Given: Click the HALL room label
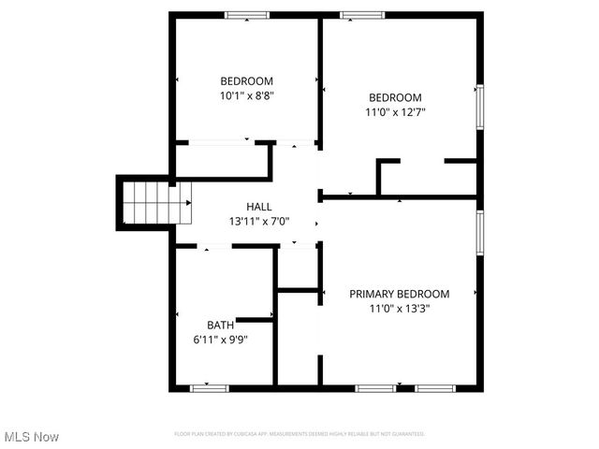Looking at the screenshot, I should click(259, 207).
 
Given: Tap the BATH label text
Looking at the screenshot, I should click(221, 326).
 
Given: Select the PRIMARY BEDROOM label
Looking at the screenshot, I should click(400, 294).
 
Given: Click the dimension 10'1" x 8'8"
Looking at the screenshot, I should click(246, 95).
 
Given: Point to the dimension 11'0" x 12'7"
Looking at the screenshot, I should click(395, 112).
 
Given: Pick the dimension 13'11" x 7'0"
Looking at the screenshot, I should click(259, 222).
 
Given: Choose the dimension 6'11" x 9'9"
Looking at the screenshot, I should click(221, 340).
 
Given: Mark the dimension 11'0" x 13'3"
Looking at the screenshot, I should click(400, 309).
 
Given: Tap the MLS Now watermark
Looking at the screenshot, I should click(32, 437).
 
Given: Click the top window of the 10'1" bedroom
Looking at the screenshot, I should click(247, 14).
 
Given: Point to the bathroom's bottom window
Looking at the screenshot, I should click(209, 387).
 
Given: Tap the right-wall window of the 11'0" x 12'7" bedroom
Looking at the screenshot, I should click(480, 107).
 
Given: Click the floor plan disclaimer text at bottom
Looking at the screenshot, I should click(299, 434).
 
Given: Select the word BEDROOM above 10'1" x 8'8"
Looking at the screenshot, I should click(246, 80).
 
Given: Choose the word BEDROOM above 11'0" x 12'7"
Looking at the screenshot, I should click(395, 97).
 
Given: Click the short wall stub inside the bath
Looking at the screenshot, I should click(255, 320).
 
